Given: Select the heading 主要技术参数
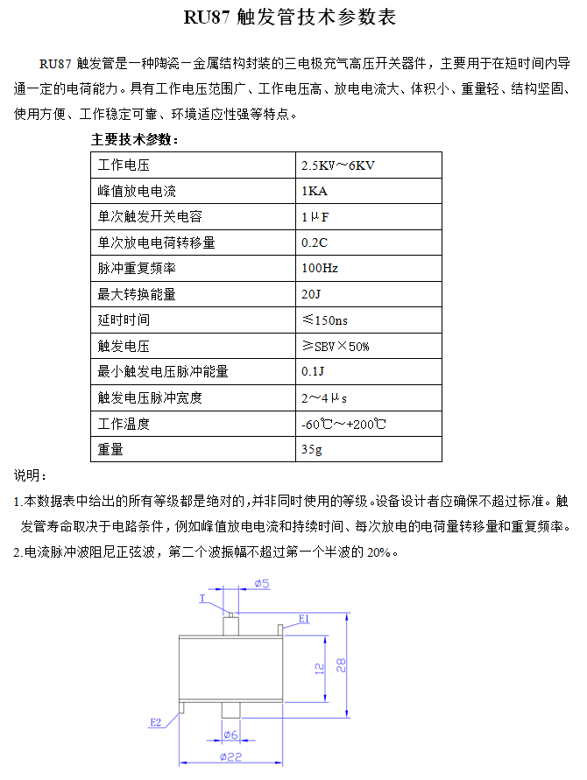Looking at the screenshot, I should [x=136, y=139].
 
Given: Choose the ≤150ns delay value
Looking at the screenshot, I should [x=324, y=320].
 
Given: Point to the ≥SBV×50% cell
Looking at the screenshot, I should [x=336, y=346].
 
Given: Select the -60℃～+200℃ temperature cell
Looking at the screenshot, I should [x=343, y=424].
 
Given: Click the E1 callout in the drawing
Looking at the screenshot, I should [x=303, y=619].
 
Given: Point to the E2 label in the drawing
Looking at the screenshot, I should [x=155, y=722].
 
